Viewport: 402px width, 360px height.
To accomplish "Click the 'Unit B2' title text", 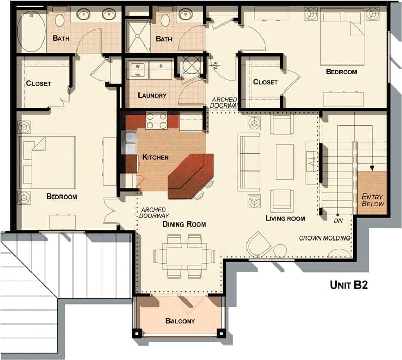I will click(x=349, y=284).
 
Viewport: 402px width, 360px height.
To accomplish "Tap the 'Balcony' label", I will click(x=180, y=321).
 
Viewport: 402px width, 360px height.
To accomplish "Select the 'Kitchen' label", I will click(x=156, y=157).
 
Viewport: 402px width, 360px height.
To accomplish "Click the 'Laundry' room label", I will click(x=152, y=95).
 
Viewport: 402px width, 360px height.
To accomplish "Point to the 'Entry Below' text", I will click(x=373, y=200).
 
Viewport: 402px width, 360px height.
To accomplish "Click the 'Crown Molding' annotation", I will click(x=325, y=238).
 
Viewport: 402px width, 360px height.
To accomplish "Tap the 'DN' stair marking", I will click(x=338, y=221).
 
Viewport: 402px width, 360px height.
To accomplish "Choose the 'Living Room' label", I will click(x=285, y=218).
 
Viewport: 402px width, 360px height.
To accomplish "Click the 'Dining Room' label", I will click(x=184, y=224).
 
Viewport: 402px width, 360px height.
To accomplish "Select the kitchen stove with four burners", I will click(x=157, y=121).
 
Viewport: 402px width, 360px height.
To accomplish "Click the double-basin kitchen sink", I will click(x=129, y=143).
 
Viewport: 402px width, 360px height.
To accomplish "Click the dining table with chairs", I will click(x=184, y=256).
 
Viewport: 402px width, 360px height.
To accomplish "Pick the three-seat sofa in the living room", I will click(x=249, y=162).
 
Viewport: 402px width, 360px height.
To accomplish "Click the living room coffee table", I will click(x=285, y=162).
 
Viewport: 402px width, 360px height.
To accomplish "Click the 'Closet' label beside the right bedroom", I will click(x=265, y=82).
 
